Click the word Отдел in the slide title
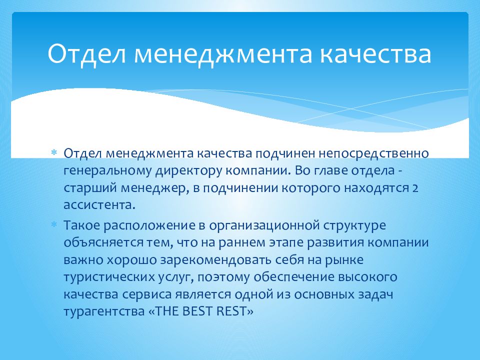click(x=81, y=54)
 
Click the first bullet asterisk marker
click(x=54, y=151)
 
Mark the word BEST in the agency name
click(x=199, y=311)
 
